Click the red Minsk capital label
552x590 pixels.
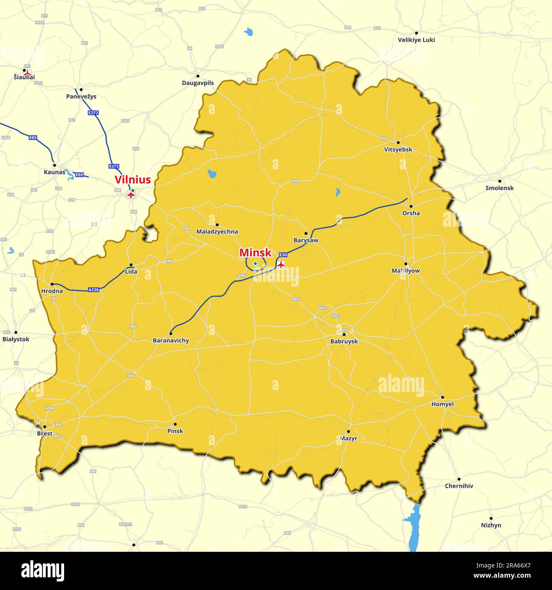(255, 253)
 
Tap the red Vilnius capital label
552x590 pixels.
(132, 180)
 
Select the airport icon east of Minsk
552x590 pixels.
(281, 265)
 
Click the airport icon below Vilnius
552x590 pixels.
(131, 195)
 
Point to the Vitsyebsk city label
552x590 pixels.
(398, 149)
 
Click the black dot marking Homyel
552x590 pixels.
(442, 397)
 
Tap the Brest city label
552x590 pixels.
(45, 433)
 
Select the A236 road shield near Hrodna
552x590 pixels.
(93, 290)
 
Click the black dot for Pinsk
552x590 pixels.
(175, 424)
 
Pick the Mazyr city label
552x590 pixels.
(348, 438)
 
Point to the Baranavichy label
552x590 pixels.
(171, 340)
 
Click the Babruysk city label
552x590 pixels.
(344, 341)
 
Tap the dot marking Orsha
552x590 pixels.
(411, 206)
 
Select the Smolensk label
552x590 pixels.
(499, 188)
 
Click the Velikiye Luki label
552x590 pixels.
(416, 40)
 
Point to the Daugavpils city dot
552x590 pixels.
(197, 76)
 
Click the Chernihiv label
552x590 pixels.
(459, 486)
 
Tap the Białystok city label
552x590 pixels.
(16, 339)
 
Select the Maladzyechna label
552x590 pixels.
(217, 232)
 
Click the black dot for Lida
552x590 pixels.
(131, 264)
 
